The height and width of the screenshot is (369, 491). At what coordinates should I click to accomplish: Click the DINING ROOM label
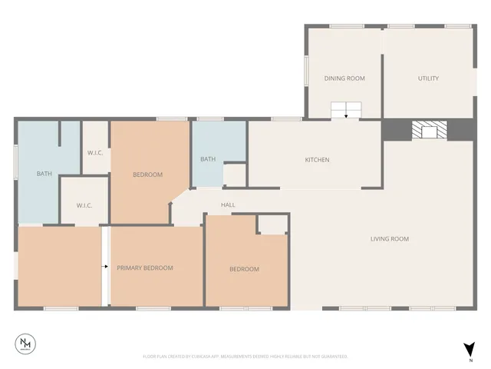click(x=344, y=78)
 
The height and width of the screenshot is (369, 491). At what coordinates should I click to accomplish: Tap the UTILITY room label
click(x=428, y=78)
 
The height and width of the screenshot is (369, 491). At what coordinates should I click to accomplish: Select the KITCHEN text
click(x=317, y=160)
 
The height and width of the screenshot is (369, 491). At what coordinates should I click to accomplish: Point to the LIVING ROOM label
click(x=390, y=239)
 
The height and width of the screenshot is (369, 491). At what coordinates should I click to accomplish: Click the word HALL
click(x=228, y=205)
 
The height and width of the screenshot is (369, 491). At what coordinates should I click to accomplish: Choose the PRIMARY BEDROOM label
click(x=145, y=268)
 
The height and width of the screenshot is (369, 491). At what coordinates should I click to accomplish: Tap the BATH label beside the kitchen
click(x=207, y=159)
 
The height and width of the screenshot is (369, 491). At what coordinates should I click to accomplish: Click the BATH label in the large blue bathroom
click(x=44, y=174)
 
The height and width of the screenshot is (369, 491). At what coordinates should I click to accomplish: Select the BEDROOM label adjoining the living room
click(x=245, y=269)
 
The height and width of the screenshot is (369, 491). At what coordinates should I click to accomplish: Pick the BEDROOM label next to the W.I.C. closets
click(x=148, y=175)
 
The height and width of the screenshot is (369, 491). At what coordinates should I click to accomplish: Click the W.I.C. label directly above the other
click(x=95, y=152)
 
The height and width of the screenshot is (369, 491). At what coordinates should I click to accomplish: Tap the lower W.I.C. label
click(x=84, y=206)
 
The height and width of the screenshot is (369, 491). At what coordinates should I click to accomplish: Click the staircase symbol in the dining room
click(x=346, y=110)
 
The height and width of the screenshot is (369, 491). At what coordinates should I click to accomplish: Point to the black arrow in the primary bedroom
click(x=105, y=267)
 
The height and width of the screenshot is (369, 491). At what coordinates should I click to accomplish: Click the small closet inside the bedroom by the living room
click(x=272, y=224)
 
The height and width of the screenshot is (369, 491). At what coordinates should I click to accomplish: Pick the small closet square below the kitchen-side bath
click(x=234, y=175)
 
